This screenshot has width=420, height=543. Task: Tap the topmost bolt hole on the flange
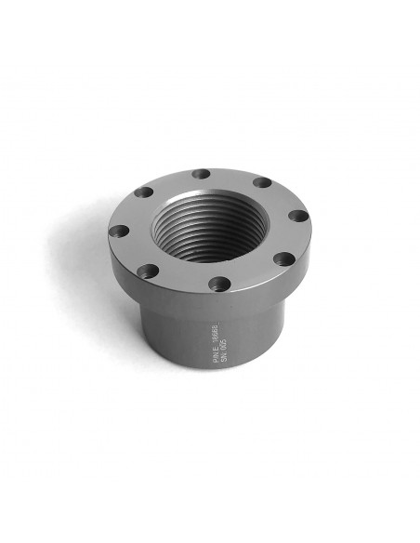pos(200,174)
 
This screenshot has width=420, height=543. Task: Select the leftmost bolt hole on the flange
pos(119,231)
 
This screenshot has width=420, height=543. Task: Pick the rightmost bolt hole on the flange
pos(298,216)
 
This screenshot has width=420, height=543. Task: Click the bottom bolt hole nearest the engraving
pos(218,283)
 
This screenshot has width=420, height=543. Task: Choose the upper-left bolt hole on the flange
pos(143,192)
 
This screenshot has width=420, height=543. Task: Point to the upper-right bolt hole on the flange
pos(262,182)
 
